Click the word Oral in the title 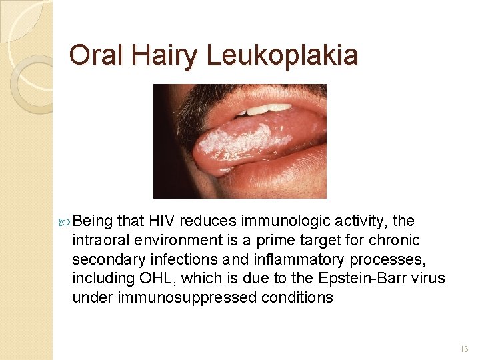click(96, 55)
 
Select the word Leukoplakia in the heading click(282, 55)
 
